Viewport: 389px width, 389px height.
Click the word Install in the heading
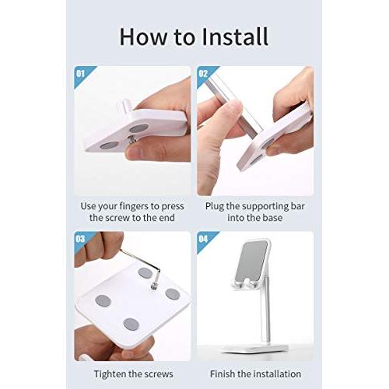point(235,37)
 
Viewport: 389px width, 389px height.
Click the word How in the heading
point(142,37)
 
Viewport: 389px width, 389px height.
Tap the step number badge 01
point(80,74)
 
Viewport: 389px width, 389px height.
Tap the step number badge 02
point(203,74)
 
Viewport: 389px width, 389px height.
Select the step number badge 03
point(80,239)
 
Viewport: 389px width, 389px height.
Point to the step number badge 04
point(203,239)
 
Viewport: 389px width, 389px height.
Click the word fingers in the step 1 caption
point(134,207)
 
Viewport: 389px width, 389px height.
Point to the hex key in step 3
point(145,267)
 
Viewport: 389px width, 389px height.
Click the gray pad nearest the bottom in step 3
point(131,324)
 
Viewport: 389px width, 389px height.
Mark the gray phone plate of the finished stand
point(252,261)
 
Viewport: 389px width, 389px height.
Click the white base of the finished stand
point(255,349)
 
